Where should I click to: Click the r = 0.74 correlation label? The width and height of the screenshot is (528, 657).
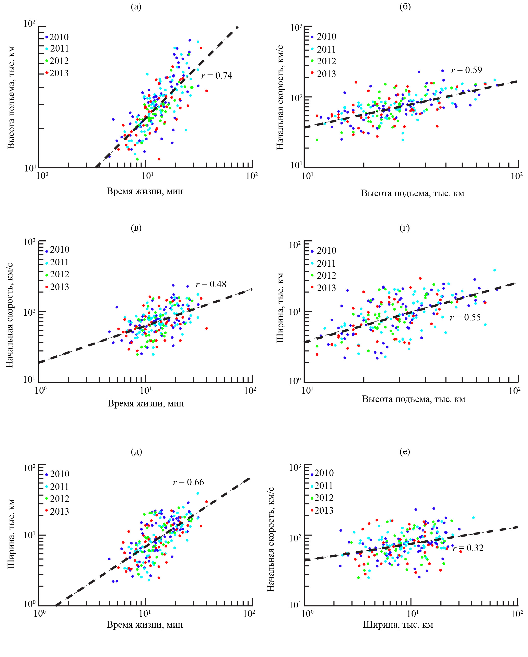217,75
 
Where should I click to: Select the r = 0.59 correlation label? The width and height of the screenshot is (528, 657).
466,70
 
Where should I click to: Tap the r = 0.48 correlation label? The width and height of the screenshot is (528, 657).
211,284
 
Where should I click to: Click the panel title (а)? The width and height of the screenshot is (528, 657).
136,7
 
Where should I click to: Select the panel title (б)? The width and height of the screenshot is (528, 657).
405,7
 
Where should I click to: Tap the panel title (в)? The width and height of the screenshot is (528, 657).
136,228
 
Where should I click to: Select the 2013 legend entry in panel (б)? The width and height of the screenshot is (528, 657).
326,74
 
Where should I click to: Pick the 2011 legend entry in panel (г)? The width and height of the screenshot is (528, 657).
326,263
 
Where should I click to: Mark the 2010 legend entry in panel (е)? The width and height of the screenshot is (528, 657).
324,473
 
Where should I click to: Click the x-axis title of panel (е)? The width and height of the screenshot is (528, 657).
398,625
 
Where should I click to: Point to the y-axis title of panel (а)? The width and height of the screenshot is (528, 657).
11,97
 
